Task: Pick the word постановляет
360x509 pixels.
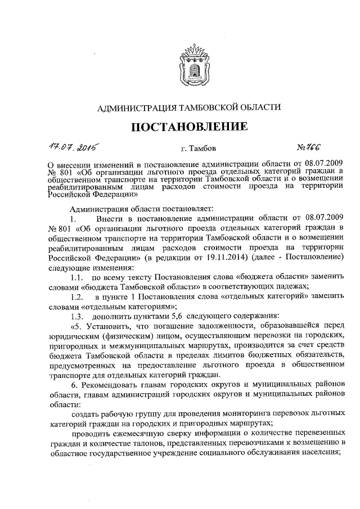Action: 152,209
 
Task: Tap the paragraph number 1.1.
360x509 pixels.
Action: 77,277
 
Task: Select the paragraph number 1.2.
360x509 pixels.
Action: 77,296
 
